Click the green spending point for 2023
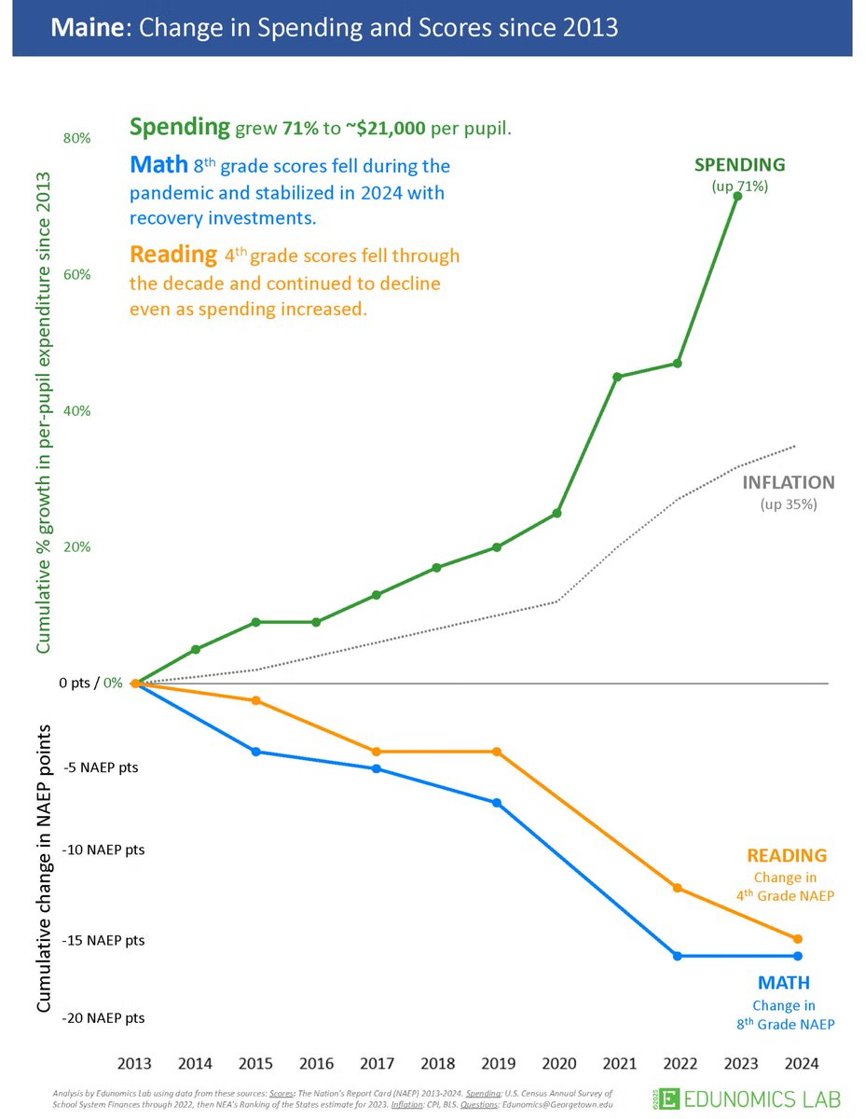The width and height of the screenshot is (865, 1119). coord(737,196)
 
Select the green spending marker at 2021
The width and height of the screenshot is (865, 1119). coord(617,377)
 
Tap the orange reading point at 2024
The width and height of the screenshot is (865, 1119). coord(798,939)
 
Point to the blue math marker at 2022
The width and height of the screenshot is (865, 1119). coord(678,956)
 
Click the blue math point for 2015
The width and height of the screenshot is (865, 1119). coord(256,752)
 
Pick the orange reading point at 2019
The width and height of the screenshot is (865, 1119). coord(497,752)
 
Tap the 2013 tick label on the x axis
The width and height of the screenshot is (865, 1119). coord(136,1063)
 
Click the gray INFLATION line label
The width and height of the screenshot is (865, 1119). coord(789,483)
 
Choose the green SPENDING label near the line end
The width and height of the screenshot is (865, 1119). coord(739,165)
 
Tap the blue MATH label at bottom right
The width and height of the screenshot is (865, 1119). coord(784,983)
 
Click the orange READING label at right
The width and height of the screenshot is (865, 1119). coord(787,855)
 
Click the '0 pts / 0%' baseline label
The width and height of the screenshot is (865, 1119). coord(90,683)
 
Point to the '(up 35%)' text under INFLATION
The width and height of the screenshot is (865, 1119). coord(789,504)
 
